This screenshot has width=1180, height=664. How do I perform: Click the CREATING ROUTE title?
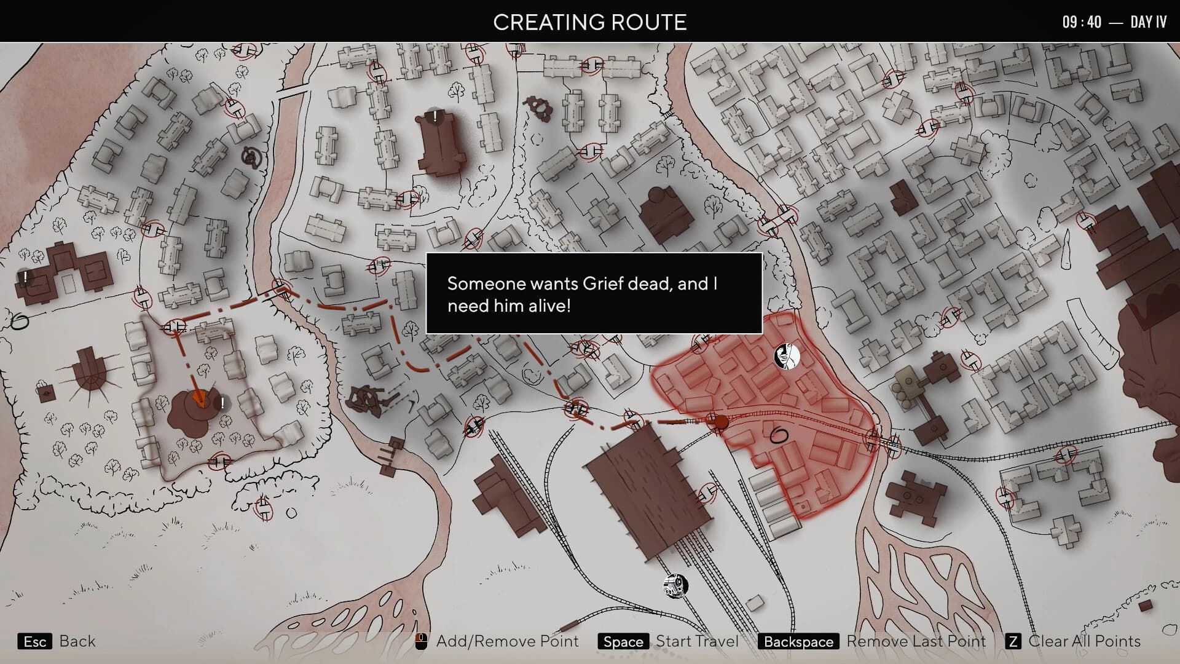(589, 22)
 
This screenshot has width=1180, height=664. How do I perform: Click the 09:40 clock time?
(1082, 22)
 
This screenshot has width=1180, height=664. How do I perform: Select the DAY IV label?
(1148, 22)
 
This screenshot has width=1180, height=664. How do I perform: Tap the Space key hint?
(623, 642)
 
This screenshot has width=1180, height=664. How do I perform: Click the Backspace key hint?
(798, 642)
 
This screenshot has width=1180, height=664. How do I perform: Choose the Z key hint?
(1013, 642)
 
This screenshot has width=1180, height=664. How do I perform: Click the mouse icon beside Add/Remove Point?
(421, 642)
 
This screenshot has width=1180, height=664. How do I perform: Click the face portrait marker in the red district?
(787, 356)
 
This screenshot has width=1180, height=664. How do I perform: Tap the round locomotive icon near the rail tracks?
(675, 586)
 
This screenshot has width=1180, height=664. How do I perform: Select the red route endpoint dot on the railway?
(721, 422)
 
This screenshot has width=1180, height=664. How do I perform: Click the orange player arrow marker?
(199, 398)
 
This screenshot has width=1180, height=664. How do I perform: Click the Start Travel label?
(697, 641)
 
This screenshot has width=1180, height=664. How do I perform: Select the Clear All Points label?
(1084, 641)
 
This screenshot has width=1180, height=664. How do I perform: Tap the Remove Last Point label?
(916, 641)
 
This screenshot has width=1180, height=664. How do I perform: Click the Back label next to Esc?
(77, 641)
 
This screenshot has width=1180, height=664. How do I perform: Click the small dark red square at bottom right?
(1145, 606)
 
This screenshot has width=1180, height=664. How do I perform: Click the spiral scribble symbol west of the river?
(251, 157)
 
